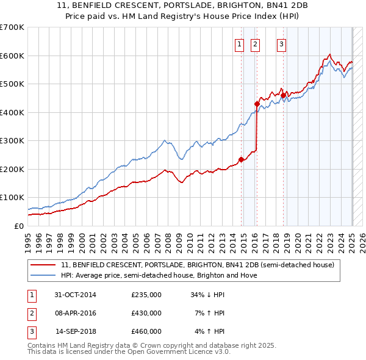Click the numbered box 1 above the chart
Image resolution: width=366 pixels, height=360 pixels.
click(239, 43)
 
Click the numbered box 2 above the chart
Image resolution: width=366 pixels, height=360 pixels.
click(254, 43)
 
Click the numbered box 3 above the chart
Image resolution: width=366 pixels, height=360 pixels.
click(281, 43)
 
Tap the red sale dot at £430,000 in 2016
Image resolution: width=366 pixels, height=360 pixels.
click(257, 104)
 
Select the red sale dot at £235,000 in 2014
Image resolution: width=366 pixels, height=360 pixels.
click(241, 159)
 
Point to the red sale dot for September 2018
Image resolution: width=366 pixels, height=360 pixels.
click(283, 95)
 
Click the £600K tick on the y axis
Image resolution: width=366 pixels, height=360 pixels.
click(12, 56)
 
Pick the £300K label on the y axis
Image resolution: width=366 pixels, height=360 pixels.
click(12, 141)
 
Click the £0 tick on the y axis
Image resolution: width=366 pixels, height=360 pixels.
click(18, 226)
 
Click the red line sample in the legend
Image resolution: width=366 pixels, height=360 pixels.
click(44, 265)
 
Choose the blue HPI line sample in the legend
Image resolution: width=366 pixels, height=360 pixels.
click(44, 275)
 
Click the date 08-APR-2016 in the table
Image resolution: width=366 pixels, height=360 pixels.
click(76, 313)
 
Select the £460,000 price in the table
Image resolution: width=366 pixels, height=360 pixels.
click(146, 331)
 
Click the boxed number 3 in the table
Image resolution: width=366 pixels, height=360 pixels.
click(31, 331)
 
